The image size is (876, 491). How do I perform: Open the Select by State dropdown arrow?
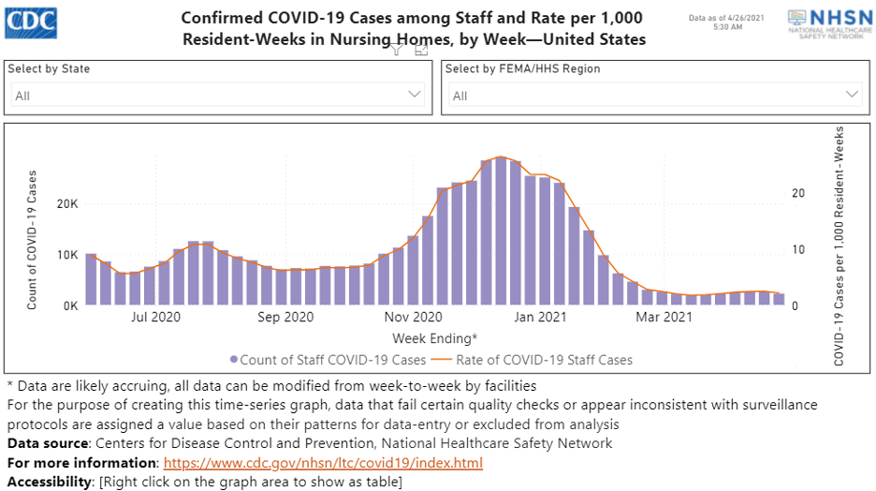pyautogui.click(x=415, y=95)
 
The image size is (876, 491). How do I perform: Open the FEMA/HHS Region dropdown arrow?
pyautogui.click(x=852, y=95)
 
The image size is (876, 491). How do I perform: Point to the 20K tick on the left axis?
pyautogui.click(x=66, y=204)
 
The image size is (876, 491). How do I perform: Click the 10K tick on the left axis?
pyautogui.click(x=66, y=255)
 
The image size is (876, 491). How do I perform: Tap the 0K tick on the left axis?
pyautogui.click(x=69, y=305)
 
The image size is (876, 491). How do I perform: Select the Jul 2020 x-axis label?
pyautogui.click(x=155, y=319)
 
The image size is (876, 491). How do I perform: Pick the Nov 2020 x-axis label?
pyautogui.click(x=412, y=319)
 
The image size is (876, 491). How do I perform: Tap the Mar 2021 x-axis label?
pyautogui.click(x=664, y=319)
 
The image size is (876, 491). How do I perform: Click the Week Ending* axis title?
pyautogui.click(x=434, y=337)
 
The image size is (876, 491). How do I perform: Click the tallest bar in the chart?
pyautogui.click(x=502, y=231)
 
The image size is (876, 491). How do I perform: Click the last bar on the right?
pyautogui.click(x=779, y=299)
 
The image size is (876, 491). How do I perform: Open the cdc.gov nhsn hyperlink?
pyautogui.click(x=323, y=464)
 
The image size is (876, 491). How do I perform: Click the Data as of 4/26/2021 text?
pyautogui.click(x=715, y=18)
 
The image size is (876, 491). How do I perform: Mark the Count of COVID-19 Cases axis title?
pyautogui.click(x=32, y=240)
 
